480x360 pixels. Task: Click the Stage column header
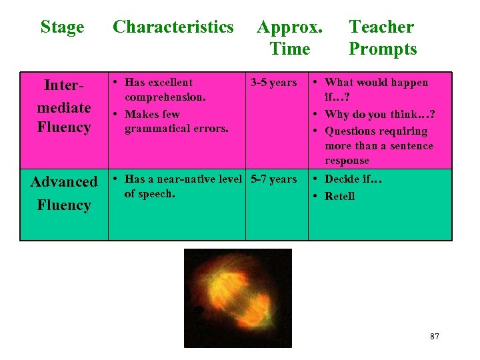pos(62,27)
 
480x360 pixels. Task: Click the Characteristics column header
pos(173,27)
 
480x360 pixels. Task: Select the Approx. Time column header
pos(289,37)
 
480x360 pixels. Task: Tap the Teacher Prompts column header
pos(383,37)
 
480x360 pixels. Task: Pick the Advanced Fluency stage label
pos(64,193)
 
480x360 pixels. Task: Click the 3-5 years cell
pos(273,83)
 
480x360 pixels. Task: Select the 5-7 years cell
pos(273,179)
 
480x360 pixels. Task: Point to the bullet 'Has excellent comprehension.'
pos(165,89)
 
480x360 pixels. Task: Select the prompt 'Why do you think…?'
pos(379,115)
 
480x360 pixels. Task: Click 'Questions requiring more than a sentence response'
pos(378,146)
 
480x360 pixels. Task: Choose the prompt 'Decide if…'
pos(353,179)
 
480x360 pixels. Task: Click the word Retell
pos(339,196)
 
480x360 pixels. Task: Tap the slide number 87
pos(435,337)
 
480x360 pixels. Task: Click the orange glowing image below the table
pos(238,297)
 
